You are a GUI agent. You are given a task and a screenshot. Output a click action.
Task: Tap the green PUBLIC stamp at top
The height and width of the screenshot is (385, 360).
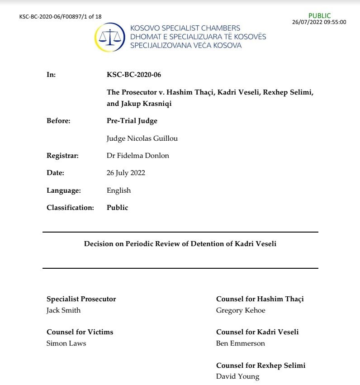click(x=319, y=16)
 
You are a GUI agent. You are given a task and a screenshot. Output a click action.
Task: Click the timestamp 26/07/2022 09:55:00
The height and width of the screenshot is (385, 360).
click(x=319, y=22)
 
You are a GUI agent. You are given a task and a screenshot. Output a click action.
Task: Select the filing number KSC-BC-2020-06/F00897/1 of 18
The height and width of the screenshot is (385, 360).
click(x=61, y=17)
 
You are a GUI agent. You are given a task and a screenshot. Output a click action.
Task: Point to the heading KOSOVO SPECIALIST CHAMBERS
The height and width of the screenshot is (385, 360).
click(x=185, y=28)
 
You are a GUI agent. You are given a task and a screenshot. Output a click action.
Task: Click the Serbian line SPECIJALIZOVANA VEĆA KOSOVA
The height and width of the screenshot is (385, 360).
click(x=186, y=45)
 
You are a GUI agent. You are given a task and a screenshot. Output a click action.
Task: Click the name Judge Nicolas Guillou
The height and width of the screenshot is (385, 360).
click(x=142, y=138)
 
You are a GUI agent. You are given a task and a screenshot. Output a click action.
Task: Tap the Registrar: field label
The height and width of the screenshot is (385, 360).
click(x=63, y=156)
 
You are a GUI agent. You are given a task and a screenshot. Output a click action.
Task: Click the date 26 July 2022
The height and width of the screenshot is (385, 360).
click(x=126, y=173)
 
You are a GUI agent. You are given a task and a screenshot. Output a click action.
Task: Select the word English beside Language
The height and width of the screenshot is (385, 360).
click(x=118, y=190)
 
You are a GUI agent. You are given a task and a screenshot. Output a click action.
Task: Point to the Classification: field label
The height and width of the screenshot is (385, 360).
click(x=70, y=208)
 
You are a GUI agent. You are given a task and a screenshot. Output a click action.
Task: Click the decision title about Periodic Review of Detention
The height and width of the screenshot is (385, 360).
click(x=180, y=244)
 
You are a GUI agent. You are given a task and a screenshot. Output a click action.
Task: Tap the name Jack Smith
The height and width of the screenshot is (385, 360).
click(x=63, y=310)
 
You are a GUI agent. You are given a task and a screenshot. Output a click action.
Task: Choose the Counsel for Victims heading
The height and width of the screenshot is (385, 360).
click(x=80, y=332)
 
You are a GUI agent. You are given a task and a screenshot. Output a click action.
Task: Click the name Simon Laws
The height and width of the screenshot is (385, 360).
click(x=66, y=343)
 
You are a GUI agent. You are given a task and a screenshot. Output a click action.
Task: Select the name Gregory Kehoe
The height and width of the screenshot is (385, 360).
click(x=241, y=310)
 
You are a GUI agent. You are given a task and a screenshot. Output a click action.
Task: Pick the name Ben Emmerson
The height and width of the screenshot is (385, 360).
click(x=241, y=343)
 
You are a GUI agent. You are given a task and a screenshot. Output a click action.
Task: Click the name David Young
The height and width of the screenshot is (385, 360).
click(x=237, y=376)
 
